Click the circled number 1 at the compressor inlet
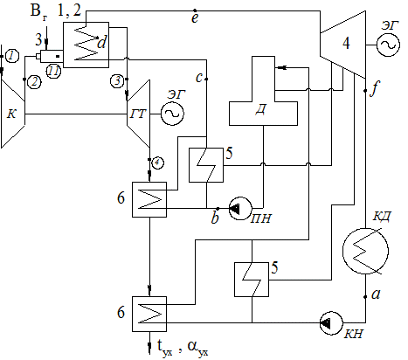tap(12, 56)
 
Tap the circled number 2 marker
tap(34, 82)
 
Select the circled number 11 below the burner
tap(53, 72)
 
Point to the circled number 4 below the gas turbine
tap(157, 163)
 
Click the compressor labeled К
tap(13, 113)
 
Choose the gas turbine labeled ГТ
tap(138, 114)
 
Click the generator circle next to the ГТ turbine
tap(172, 114)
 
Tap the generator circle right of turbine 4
tap(388, 45)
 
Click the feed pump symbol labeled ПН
tap(240, 208)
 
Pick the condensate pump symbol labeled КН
tap(331, 322)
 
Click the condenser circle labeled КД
tap(365, 251)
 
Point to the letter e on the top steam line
tap(195, 18)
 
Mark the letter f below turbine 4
tap(375, 89)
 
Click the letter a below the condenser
tap(376, 294)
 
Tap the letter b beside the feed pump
tap(215, 218)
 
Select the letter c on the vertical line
tap(199, 78)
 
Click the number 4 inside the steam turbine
tap(346, 43)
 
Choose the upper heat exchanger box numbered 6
tap(149, 200)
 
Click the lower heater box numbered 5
tap(252, 280)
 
